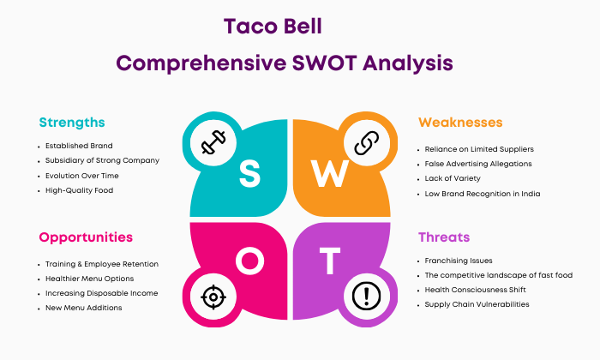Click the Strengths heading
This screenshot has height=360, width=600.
coord(72,123)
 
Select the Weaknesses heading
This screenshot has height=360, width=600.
coord(460,123)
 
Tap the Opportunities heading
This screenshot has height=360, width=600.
coord(86,237)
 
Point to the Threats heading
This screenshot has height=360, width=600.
coord(444,237)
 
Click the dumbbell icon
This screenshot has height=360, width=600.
coord(213,142)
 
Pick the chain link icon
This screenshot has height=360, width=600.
coord(367,142)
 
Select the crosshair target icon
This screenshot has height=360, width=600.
coord(213,297)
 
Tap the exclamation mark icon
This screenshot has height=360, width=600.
coord(366,296)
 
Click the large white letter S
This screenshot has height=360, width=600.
coord(249,173)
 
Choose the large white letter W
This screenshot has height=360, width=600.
coord(329,173)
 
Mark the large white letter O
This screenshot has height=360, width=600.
coord(250,261)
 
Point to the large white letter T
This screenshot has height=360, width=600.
coord(330,261)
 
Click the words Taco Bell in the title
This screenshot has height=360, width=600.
coord(273,27)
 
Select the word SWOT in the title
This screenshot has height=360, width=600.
coord(325,63)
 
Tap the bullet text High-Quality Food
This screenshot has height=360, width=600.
coord(79,190)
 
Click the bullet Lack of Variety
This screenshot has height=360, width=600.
coord(453,178)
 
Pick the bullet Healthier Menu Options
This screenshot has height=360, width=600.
coord(89,279)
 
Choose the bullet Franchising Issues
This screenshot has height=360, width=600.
coord(459,261)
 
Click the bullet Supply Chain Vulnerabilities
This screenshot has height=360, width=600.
coord(477,304)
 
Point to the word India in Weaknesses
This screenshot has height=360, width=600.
coord(531,194)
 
